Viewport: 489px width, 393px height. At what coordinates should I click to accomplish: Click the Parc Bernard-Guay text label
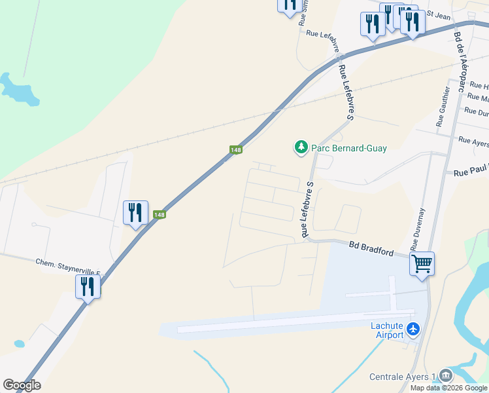348,148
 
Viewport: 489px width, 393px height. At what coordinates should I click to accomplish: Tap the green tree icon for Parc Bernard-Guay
301,147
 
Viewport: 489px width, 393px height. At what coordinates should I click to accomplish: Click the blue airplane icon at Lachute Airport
413,329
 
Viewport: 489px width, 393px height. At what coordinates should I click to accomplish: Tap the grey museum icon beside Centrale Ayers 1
446,375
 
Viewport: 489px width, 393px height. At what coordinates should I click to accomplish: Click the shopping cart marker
422,264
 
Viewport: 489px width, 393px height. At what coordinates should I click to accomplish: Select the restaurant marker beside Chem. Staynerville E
88,286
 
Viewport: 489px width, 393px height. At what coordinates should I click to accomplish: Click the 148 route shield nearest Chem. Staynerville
159,215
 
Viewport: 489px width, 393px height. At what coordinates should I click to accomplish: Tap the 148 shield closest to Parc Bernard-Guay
236,150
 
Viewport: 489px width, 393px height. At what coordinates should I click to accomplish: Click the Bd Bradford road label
371,248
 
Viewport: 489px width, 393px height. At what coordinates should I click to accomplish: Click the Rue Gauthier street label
443,106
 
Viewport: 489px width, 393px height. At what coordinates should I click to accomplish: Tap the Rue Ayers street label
473,141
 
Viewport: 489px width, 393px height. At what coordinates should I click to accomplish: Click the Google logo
22,385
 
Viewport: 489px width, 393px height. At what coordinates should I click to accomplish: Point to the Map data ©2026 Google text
448,388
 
